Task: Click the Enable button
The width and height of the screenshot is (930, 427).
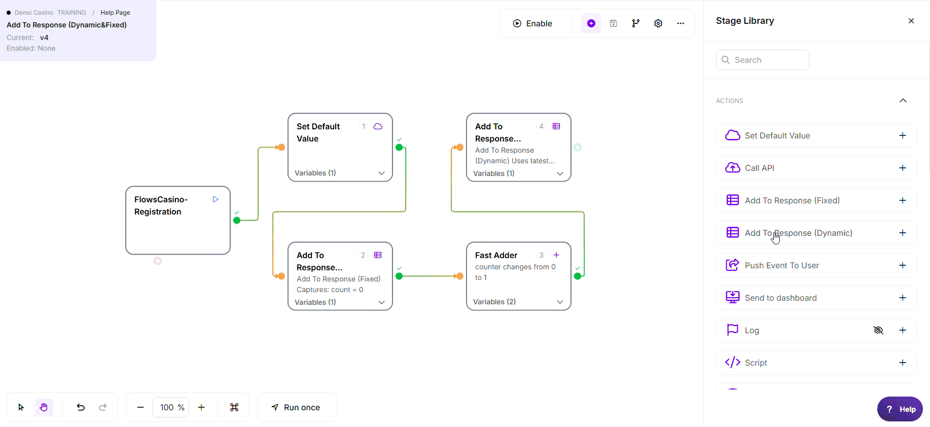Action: (x=532, y=23)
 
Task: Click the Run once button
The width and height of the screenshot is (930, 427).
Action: (x=296, y=407)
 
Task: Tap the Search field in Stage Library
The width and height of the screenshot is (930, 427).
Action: (x=762, y=60)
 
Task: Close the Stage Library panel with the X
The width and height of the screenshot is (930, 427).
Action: (x=911, y=21)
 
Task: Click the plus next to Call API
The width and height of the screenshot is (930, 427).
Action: (x=903, y=168)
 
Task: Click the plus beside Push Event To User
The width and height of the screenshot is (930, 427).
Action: (x=903, y=265)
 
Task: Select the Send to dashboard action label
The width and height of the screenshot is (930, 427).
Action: (x=780, y=298)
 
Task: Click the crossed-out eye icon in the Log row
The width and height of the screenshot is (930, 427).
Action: (x=878, y=330)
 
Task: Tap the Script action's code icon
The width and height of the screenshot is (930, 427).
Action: (x=732, y=363)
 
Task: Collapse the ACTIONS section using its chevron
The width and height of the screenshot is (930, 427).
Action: (x=903, y=100)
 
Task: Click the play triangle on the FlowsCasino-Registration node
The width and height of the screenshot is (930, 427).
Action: (x=216, y=199)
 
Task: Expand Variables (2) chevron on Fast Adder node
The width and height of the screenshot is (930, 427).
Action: (x=560, y=302)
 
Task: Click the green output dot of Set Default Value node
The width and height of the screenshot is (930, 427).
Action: (x=399, y=148)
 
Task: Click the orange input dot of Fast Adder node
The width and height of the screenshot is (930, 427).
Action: (x=459, y=276)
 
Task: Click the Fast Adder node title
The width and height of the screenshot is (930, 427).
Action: (x=496, y=255)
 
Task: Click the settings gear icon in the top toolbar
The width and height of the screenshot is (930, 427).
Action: (x=658, y=23)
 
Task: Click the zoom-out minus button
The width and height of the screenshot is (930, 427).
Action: (x=140, y=407)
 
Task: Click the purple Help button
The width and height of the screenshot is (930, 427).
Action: (x=900, y=409)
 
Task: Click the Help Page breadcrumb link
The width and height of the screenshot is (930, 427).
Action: (x=115, y=13)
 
